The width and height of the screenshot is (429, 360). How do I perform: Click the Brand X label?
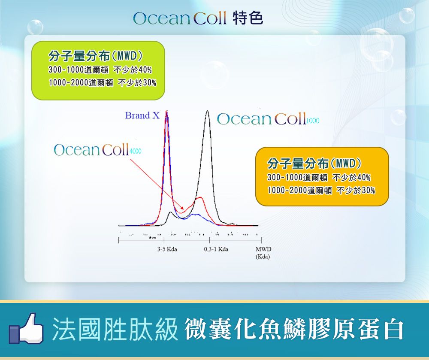[x=142, y=115]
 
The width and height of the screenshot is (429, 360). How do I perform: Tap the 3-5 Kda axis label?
[x=167, y=249]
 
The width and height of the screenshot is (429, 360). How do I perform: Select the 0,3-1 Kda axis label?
[x=216, y=249]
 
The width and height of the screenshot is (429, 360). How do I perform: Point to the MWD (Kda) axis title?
[x=263, y=253]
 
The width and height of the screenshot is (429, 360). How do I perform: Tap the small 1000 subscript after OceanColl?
[x=313, y=121]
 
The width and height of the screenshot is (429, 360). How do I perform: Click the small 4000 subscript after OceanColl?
[x=135, y=151]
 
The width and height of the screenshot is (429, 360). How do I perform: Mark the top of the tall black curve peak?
[x=207, y=111]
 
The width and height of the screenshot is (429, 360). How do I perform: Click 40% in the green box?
[x=145, y=70]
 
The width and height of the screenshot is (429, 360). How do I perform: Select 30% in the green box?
[x=149, y=82]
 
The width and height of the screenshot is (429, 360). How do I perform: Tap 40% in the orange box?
[x=364, y=178]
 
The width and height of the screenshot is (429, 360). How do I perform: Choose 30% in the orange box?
[x=368, y=190]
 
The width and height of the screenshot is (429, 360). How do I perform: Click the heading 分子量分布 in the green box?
[x=79, y=56]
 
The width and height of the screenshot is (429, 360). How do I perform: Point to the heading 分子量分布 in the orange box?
[x=298, y=163]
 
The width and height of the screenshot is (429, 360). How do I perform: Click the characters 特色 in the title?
[x=248, y=18]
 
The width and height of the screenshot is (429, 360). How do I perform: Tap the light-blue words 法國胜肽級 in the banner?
[x=115, y=329]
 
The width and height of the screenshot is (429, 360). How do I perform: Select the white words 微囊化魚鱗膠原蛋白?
[x=294, y=329]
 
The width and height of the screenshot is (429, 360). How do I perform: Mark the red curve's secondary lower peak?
[x=200, y=197]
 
